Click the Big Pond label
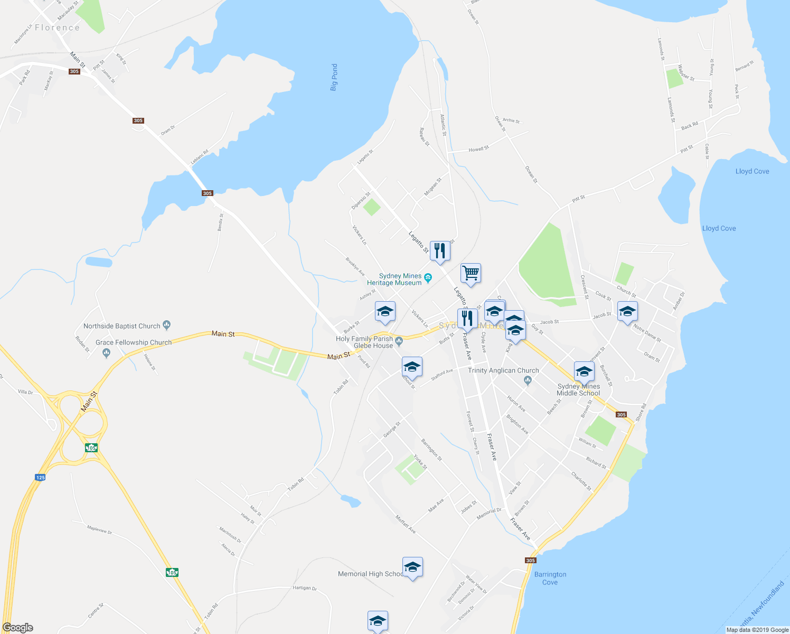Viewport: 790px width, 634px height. pyautogui.click(x=334, y=77)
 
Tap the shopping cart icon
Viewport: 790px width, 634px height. pyautogui.click(x=471, y=273)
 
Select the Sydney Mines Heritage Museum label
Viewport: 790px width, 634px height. pyautogui.click(x=400, y=279)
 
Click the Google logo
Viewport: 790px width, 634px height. pyautogui.click(x=18, y=627)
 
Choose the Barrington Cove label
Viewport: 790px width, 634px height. pyautogui.click(x=550, y=578)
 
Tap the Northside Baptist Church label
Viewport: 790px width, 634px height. pyautogui.click(x=121, y=326)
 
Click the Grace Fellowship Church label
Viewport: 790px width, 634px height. pyautogui.click(x=134, y=342)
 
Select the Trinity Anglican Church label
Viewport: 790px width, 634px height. pyautogui.click(x=503, y=370)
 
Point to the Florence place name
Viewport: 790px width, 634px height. pyautogui.click(x=57, y=27)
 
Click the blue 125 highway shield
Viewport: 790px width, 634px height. pyautogui.click(x=40, y=477)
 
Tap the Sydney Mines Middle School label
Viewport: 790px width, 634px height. pyautogui.click(x=578, y=389)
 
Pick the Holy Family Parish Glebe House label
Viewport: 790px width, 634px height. pyautogui.click(x=364, y=342)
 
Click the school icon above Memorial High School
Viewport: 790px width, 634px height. pyautogui.click(x=412, y=567)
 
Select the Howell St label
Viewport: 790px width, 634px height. pyautogui.click(x=478, y=150)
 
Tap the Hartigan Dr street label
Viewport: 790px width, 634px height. pyautogui.click(x=304, y=588)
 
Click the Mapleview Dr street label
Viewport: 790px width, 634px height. pyautogui.click(x=99, y=529)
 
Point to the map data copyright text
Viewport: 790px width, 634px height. pyautogui.click(x=757, y=630)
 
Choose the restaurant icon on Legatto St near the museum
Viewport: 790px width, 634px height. pyautogui.click(x=440, y=250)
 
